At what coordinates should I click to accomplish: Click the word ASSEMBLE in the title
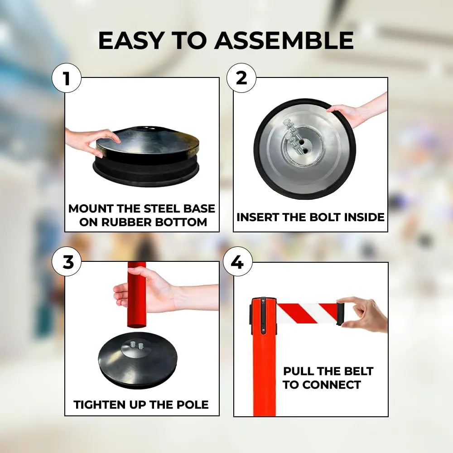(x=284, y=40)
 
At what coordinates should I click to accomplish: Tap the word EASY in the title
(x=131, y=40)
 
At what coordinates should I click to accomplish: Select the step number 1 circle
(x=67, y=78)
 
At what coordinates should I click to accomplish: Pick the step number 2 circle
(x=241, y=78)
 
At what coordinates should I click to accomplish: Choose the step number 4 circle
(x=237, y=262)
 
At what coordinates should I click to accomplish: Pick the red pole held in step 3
(x=136, y=295)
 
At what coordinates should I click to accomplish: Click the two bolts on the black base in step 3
(x=137, y=345)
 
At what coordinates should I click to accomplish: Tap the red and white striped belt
(x=307, y=313)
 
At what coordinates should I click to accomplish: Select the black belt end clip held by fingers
(x=342, y=314)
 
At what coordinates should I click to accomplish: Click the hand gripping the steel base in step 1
(x=91, y=141)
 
